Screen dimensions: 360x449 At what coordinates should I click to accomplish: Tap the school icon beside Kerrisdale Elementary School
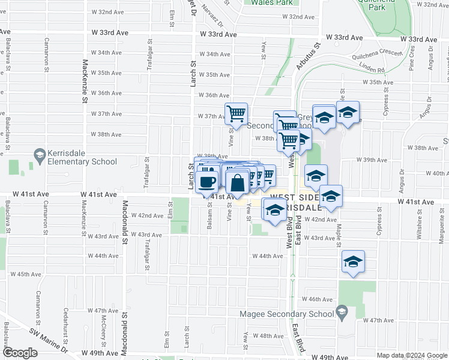40,156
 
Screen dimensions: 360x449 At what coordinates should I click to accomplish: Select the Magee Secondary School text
286,313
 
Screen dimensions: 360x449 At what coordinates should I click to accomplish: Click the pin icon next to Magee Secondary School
342,312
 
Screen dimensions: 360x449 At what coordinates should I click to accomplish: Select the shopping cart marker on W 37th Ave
237,113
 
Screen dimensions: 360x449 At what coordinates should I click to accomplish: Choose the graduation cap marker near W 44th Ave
353,262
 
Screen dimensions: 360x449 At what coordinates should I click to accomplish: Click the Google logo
20,353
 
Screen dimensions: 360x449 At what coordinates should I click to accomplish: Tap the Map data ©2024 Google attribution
411,355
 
